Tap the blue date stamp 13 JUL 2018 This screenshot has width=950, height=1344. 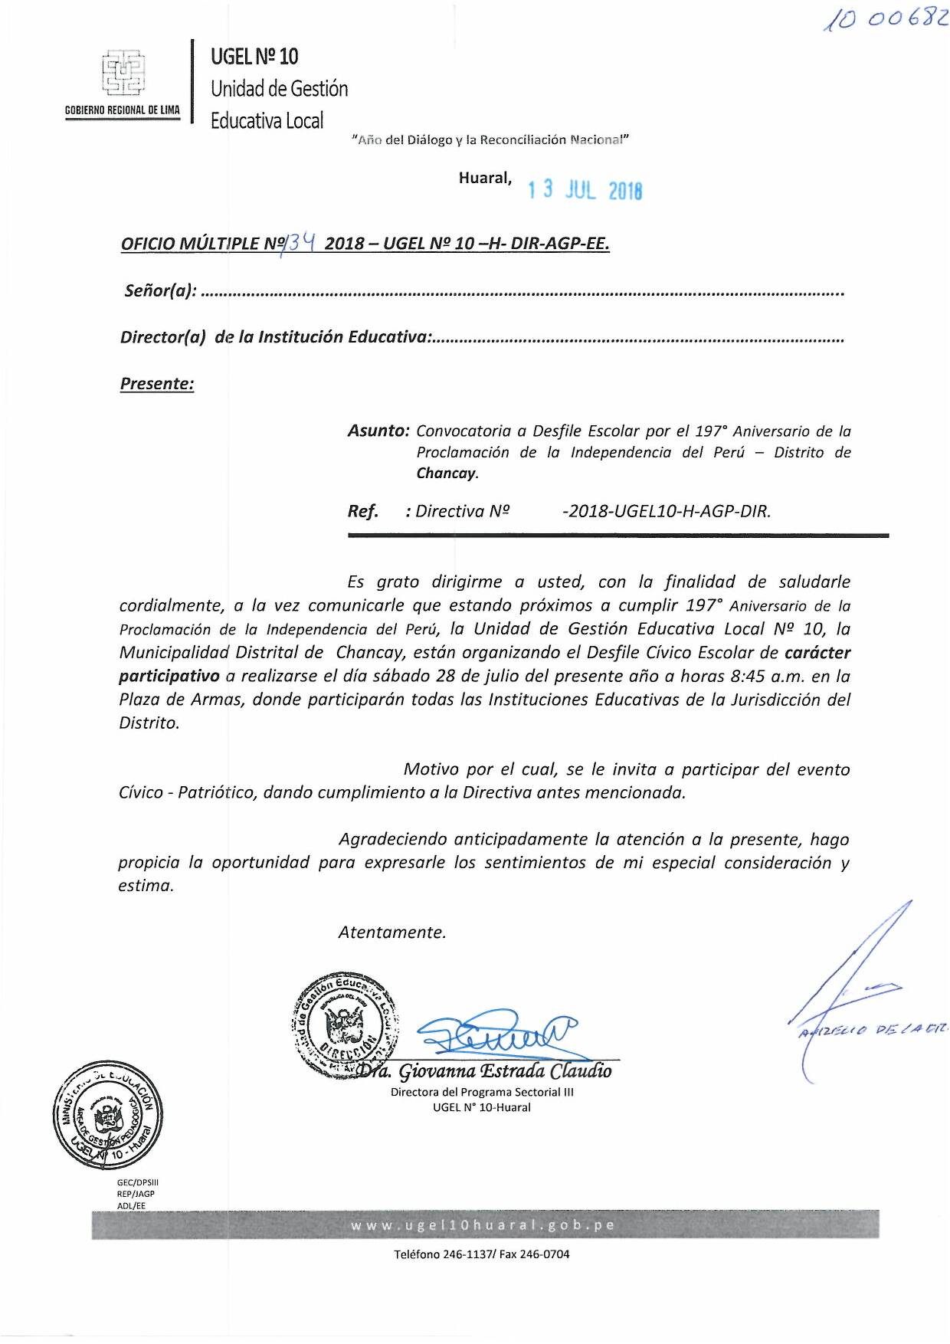tap(585, 190)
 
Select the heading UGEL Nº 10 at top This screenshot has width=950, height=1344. tap(254, 56)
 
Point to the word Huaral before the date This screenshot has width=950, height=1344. tap(485, 178)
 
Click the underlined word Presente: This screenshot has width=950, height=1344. tap(157, 384)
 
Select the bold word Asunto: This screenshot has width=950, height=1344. tap(378, 431)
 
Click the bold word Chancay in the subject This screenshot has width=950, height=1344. tap(446, 473)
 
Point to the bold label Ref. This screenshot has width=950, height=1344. tap(362, 511)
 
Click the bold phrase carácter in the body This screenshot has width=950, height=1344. tap(817, 653)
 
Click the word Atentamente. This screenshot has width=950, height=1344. tap(392, 932)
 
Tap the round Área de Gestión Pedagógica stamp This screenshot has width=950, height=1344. tap(107, 1115)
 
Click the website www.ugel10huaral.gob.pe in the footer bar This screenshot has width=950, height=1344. tap(483, 1224)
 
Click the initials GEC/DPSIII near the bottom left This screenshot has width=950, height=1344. tap(137, 1182)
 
